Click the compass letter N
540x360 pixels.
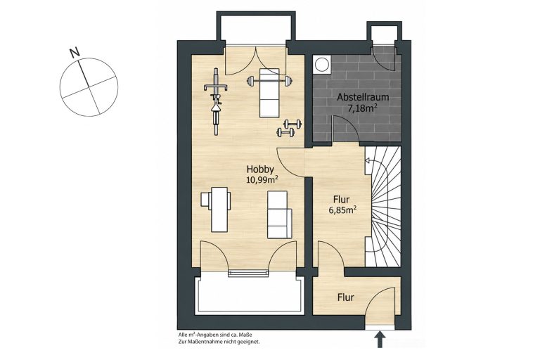point(75,52)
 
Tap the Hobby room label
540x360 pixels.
point(260,169)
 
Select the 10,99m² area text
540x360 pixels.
point(262,179)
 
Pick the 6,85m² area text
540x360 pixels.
point(342,210)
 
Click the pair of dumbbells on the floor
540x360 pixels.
point(289,127)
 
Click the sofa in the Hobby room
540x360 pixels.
point(279,214)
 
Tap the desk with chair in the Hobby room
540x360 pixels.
point(216,209)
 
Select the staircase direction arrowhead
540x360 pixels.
point(368,160)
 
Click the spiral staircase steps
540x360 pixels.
point(383,206)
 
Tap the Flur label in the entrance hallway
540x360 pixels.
point(346,297)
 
